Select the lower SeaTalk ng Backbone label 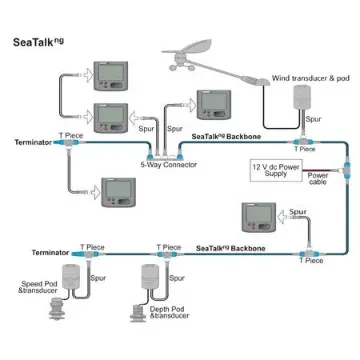coord(232,246)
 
